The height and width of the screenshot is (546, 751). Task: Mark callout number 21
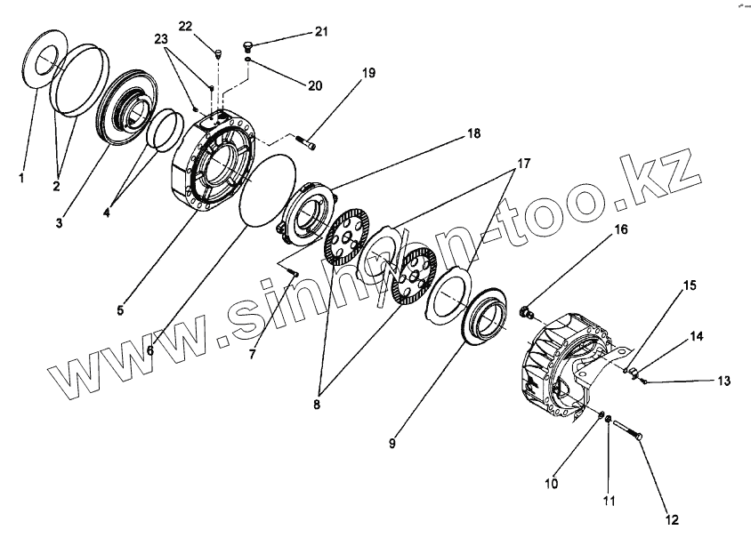point(320,32)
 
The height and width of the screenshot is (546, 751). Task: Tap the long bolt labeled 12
point(628,431)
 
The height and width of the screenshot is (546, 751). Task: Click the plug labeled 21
point(251,44)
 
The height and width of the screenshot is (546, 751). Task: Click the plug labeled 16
point(525,312)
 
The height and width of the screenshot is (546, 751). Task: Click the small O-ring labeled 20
point(250,61)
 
